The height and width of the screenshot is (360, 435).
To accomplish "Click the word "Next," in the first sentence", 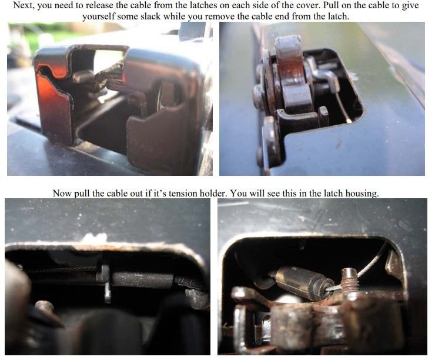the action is (x=24, y=5).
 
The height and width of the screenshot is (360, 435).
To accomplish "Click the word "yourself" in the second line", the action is (x=98, y=16).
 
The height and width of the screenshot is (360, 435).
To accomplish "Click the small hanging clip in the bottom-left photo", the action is (x=106, y=283).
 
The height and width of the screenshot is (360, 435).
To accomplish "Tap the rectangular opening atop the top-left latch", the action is (x=109, y=55).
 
